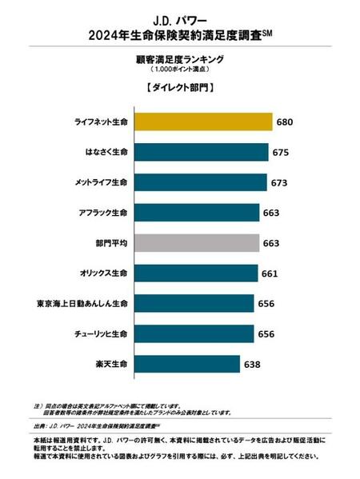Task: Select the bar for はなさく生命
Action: (x=201, y=151)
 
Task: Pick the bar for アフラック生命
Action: (x=197, y=212)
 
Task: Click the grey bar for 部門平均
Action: (x=197, y=242)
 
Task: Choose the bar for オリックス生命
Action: (x=196, y=273)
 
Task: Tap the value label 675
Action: (x=281, y=152)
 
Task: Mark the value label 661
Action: (x=270, y=273)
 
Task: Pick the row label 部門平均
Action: (x=111, y=242)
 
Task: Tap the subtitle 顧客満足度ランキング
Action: (x=179, y=58)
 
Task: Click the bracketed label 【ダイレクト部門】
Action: (x=179, y=87)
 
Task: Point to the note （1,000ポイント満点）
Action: (x=179, y=70)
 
